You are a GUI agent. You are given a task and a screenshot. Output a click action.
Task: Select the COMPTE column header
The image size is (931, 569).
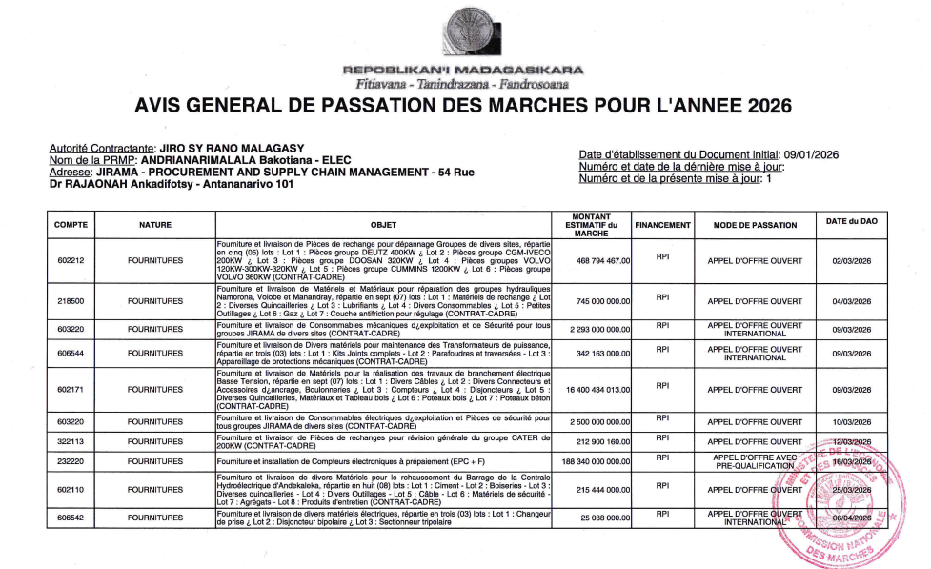pos(71,225)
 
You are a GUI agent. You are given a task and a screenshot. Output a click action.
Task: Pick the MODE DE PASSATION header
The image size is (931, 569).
pos(759,225)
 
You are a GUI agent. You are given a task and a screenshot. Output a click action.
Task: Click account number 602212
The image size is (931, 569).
pos(71,260)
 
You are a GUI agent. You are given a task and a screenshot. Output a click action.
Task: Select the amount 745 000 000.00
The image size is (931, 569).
pos(598,300)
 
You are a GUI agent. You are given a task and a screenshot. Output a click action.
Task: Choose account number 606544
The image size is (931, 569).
pos(71,353)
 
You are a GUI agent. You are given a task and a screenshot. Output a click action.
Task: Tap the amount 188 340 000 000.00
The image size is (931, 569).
pos(591,461)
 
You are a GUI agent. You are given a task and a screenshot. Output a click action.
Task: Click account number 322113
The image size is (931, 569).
pos(71,441)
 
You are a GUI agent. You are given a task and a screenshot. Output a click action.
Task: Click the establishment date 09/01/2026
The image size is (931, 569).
pos(810,154)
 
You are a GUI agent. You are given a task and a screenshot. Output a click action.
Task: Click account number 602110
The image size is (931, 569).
pos(71,489)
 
